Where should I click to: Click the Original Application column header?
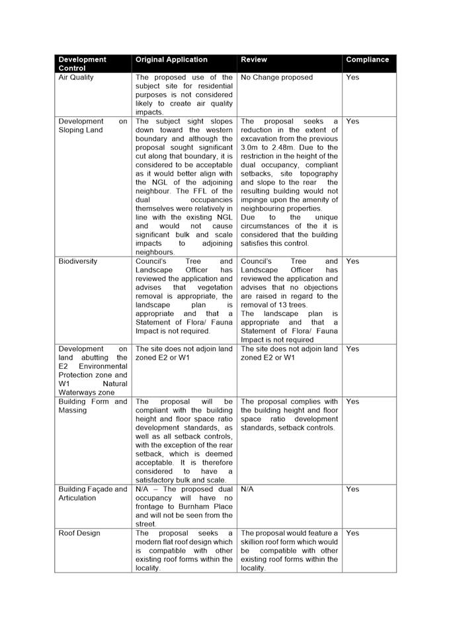[171, 60]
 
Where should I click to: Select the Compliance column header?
[367, 60]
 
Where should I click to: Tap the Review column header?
[254, 60]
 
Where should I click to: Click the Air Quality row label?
[76, 77]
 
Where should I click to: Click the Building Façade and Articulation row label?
[93, 493]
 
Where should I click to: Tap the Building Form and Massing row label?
[93, 405]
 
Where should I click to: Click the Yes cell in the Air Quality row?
[352, 77]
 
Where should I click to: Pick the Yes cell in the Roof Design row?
[352, 533]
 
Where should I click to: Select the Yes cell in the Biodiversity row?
[352, 261]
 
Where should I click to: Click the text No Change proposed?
[277, 77]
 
